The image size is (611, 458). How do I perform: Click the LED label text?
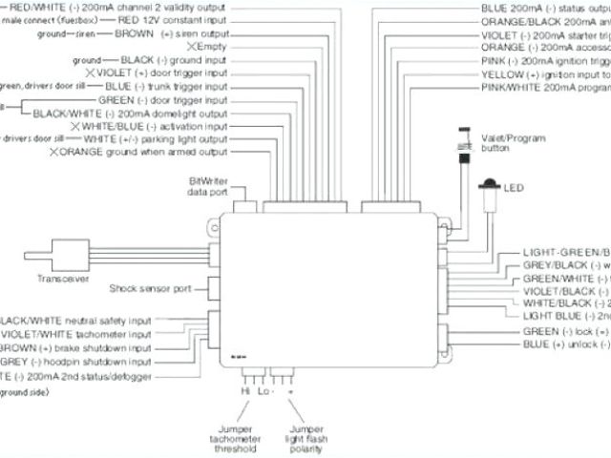[514, 187]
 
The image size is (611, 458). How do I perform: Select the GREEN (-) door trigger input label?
[163, 99]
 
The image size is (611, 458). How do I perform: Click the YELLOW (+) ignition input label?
[543, 73]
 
